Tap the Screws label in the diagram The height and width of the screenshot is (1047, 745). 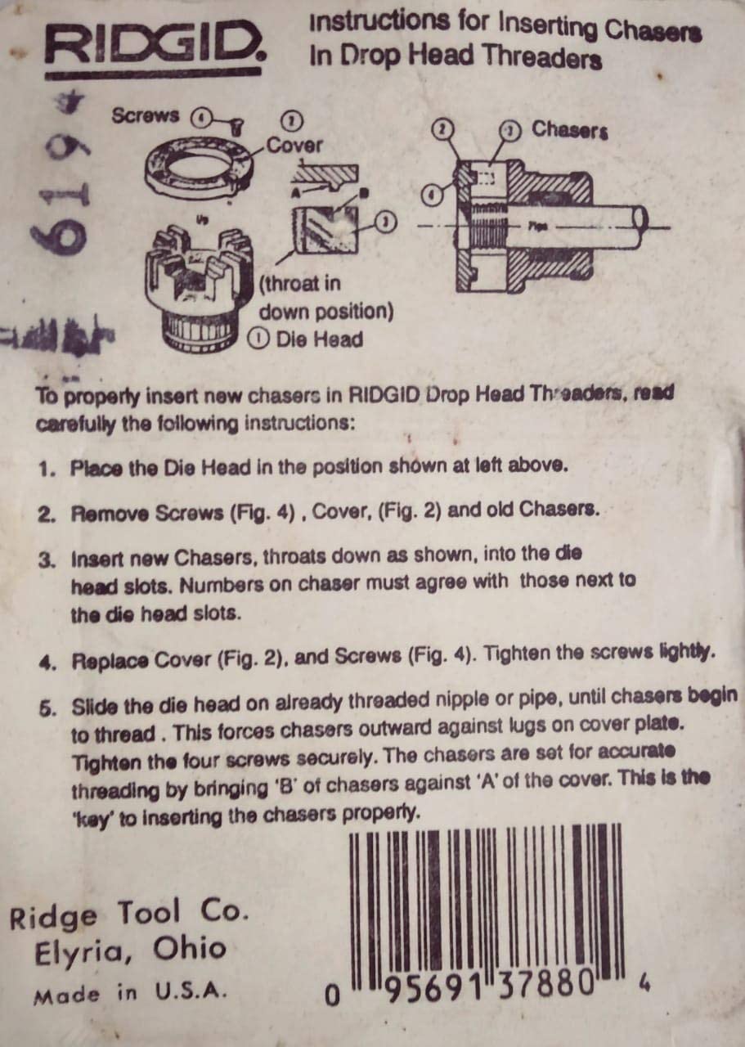click(x=145, y=115)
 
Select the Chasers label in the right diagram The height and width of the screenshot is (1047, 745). click(x=570, y=130)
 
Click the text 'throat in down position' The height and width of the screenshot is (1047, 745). click(x=325, y=298)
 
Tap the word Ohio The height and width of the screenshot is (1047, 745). click(x=189, y=949)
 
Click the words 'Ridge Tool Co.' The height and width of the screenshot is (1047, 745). click(x=128, y=914)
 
